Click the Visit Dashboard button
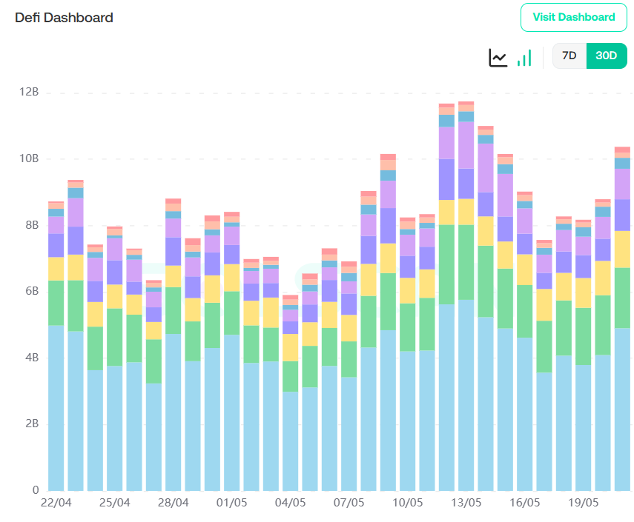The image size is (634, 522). [575, 17]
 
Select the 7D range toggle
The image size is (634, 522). [569, 56]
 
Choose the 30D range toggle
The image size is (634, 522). [607, 56]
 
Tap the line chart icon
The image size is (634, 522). [498, 57]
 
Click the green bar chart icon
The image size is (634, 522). [524, 58]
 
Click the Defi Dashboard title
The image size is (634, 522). [64, 17]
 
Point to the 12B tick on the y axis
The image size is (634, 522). [29, 93]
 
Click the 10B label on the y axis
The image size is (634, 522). [29, 159]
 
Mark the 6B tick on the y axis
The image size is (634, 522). [30, 292]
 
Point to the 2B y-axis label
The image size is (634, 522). [30, 424]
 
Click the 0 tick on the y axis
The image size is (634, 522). [35, 490]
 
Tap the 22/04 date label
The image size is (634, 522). [56, 503]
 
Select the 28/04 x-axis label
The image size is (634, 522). [173, 503]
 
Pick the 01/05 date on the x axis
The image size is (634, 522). [231, 503]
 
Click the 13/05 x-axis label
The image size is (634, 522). [466, 503]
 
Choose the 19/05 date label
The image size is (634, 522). [584, 503]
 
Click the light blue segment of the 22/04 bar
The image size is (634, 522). [56, 407]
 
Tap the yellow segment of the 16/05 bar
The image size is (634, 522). [525, 270]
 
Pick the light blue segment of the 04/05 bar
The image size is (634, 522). [291, 441]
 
